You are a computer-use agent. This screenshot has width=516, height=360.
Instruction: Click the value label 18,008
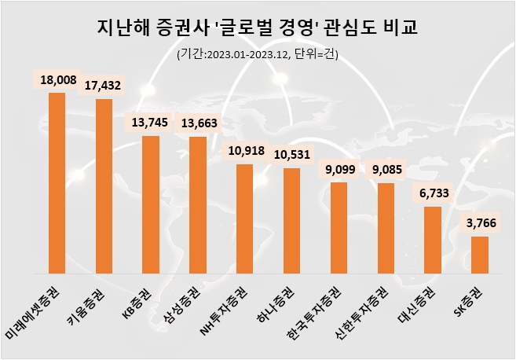57,79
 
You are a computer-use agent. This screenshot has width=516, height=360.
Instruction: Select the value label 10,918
245,150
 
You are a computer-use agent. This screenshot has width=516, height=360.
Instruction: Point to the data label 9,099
339,168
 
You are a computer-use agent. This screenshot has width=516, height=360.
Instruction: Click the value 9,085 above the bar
386,169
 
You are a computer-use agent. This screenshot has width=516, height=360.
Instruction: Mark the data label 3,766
479,222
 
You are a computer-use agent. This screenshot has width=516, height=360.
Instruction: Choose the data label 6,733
433,193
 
